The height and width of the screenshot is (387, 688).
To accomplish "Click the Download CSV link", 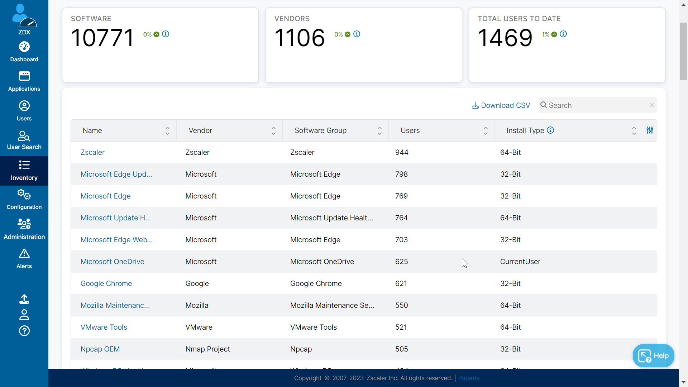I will tap(501, 105).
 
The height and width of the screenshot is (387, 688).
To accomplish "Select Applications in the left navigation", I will tap(24, 81).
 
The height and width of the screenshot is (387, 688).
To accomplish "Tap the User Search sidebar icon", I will tap(24, 140).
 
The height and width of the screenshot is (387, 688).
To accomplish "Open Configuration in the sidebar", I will tap(24, 200).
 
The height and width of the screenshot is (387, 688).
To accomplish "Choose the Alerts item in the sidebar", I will tap(24, 259).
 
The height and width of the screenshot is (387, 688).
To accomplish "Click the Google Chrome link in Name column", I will tap(106, 283).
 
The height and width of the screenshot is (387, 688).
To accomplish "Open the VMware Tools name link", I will tap(104, 327).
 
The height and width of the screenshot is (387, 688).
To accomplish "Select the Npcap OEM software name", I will tap(100, 349).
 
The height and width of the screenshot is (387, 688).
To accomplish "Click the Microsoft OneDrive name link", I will tap(112, 262).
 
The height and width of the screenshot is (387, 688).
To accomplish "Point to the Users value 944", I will tap(402, 152).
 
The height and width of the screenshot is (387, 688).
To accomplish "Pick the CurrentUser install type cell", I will tap(520, 262).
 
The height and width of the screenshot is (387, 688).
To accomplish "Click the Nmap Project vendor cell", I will tap(207, 349).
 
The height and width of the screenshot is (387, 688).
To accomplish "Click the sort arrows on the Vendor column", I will tap(273, 131).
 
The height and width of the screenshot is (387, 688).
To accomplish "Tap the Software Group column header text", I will tap(320, 130).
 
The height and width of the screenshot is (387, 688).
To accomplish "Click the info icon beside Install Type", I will tap(550, 130).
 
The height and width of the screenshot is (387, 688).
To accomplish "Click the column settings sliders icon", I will tap(650, 130).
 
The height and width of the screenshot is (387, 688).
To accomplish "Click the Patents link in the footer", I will tap(468, 378).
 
